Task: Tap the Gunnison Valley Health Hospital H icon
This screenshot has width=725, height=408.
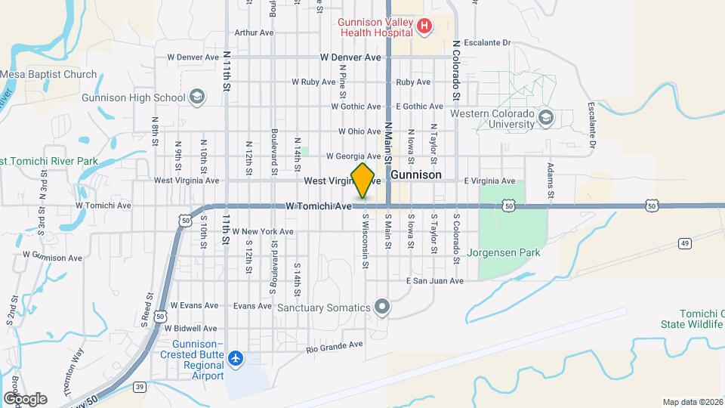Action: [424, 27]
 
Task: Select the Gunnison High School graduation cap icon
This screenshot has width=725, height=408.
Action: [197, 97]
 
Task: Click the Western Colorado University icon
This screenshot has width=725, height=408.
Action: [547, 117]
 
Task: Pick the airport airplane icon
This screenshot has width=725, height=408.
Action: [237, 357]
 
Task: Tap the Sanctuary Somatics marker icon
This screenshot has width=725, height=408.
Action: [382, 307]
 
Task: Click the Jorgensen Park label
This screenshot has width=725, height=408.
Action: [503, 252]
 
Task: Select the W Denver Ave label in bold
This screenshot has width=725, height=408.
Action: [350, 57]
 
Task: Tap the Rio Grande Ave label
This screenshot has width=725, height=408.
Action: [335, 346]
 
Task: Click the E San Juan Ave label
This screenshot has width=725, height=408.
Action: [433, 281]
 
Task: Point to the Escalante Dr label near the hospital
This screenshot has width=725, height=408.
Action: [488, 43]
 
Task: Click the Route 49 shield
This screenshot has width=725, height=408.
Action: [685, 243]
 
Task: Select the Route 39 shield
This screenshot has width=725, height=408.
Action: [140, 386]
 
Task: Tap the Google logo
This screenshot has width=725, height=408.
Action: [25, 398]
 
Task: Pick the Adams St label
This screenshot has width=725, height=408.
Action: [551, 181]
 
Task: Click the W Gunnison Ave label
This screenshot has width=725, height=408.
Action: [52, 258]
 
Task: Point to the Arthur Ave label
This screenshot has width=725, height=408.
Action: [254, 32]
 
